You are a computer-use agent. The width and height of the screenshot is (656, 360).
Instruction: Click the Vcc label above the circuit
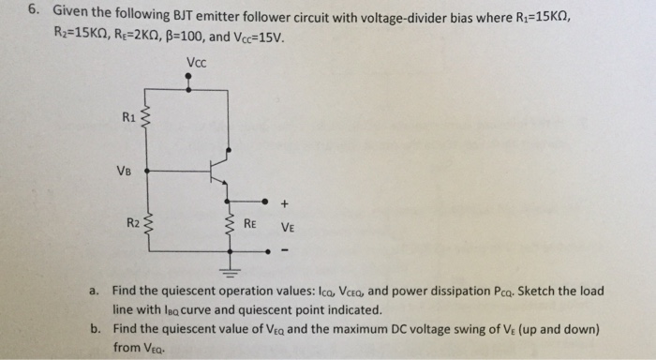tap(197, 64)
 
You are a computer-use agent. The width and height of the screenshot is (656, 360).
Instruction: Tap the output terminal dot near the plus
tap(266, 201)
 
